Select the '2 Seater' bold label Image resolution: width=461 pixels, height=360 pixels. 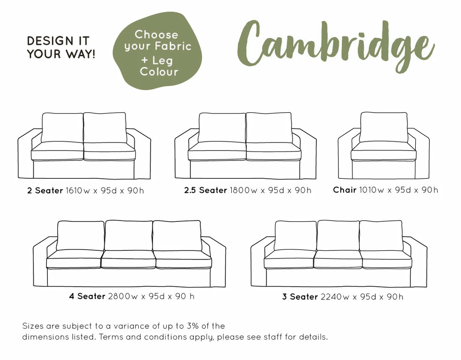pyautogui.click(x=45, y=190)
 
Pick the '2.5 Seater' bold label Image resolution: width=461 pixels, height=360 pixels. pyautogui.click(x=205, y=190)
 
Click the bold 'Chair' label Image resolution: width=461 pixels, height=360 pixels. pyautogui.click(x=344, y=190)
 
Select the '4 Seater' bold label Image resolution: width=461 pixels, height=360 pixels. pyautogui.click(x=87, y=296)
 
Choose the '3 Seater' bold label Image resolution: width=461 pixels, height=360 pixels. pyautogui.click(x=300, y=296)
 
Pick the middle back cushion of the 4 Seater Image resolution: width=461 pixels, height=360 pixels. pyautogui.click(x=129, y=235)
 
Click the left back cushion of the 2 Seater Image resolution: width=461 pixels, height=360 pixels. pyautogui.click(x=62, y=128)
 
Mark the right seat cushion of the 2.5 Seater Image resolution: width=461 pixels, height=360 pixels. pyautogui.click(x=274, y=151)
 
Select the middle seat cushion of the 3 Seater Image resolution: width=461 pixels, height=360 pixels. pyautogui.click(x=338, y=259)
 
